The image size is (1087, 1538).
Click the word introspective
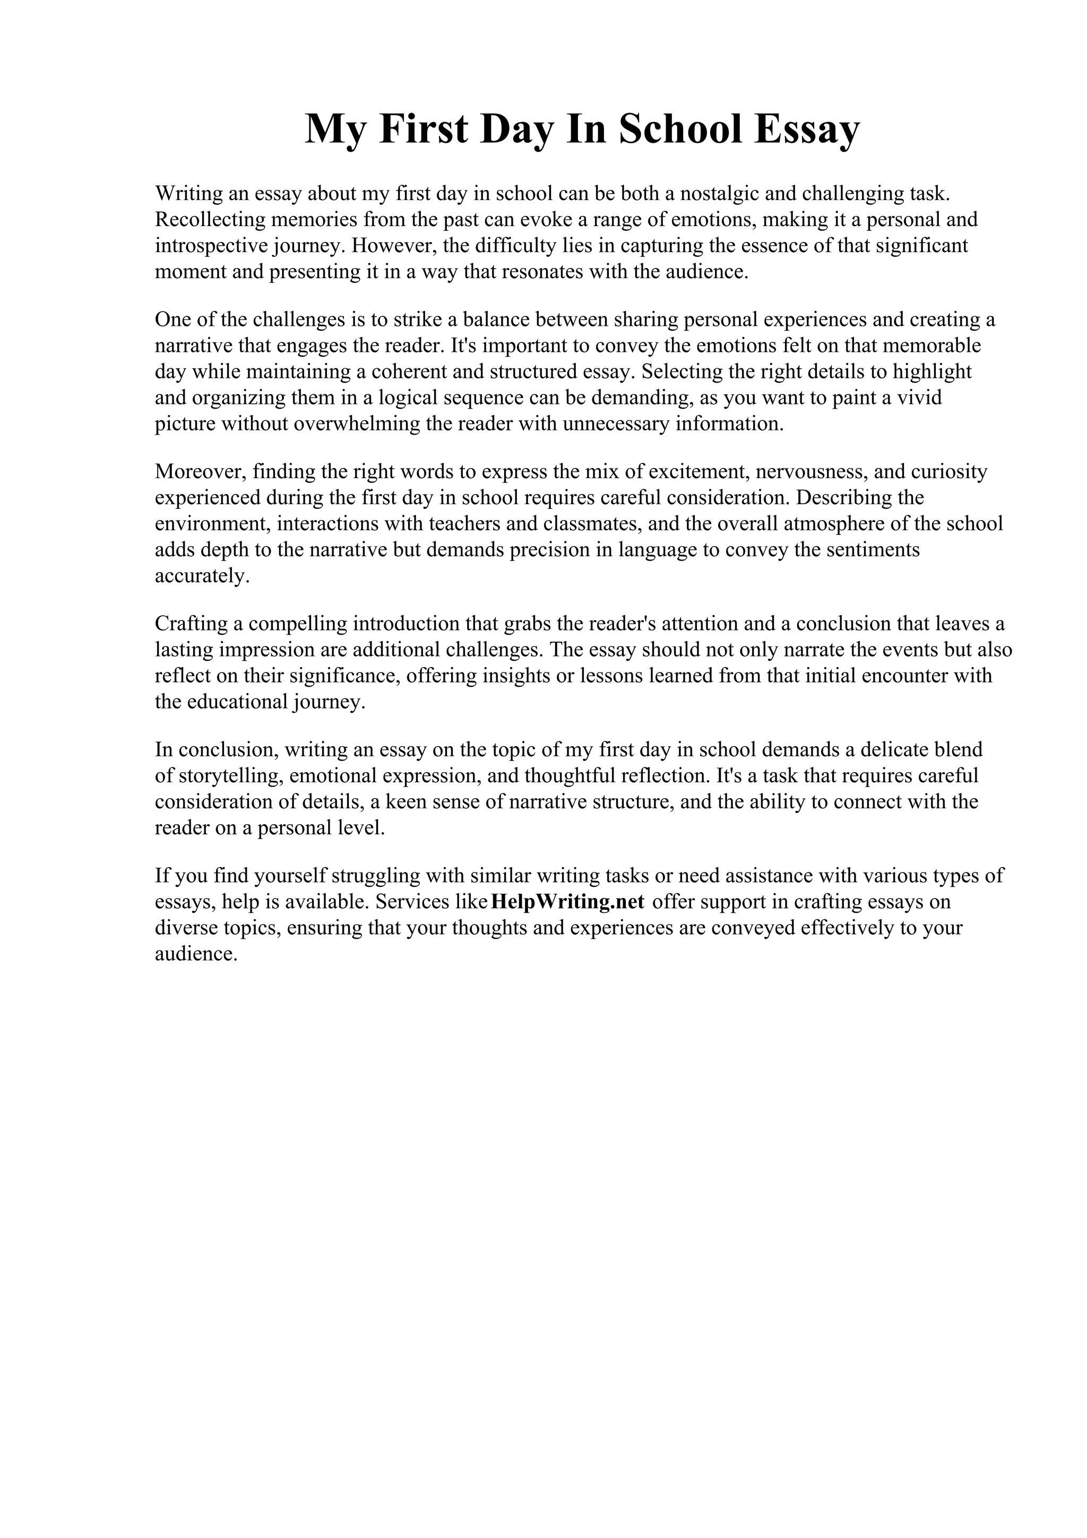(x=212, y=246)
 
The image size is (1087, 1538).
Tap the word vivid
(x=920, y=398)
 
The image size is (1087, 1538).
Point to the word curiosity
(x=949, y=472)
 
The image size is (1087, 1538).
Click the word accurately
(x=202, y=575)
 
